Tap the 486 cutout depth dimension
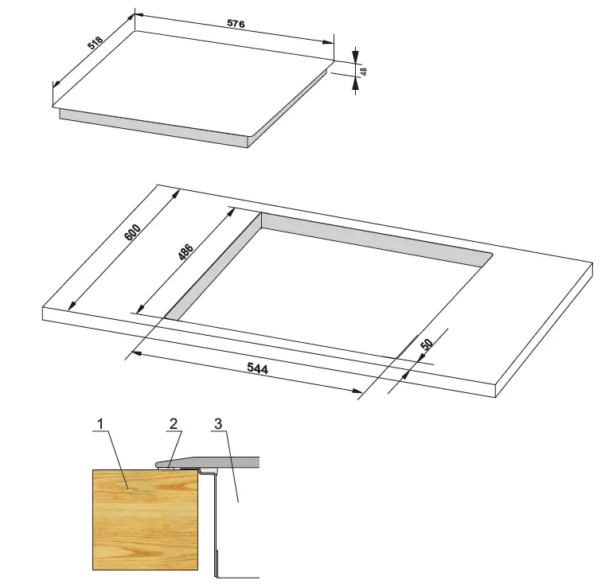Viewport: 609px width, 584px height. [185, 253]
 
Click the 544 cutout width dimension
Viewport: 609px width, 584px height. [258, 369]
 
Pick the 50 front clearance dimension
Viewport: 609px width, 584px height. [426, 345]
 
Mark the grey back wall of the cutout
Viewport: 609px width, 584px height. [374, 239]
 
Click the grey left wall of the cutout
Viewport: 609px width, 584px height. [213, 267]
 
